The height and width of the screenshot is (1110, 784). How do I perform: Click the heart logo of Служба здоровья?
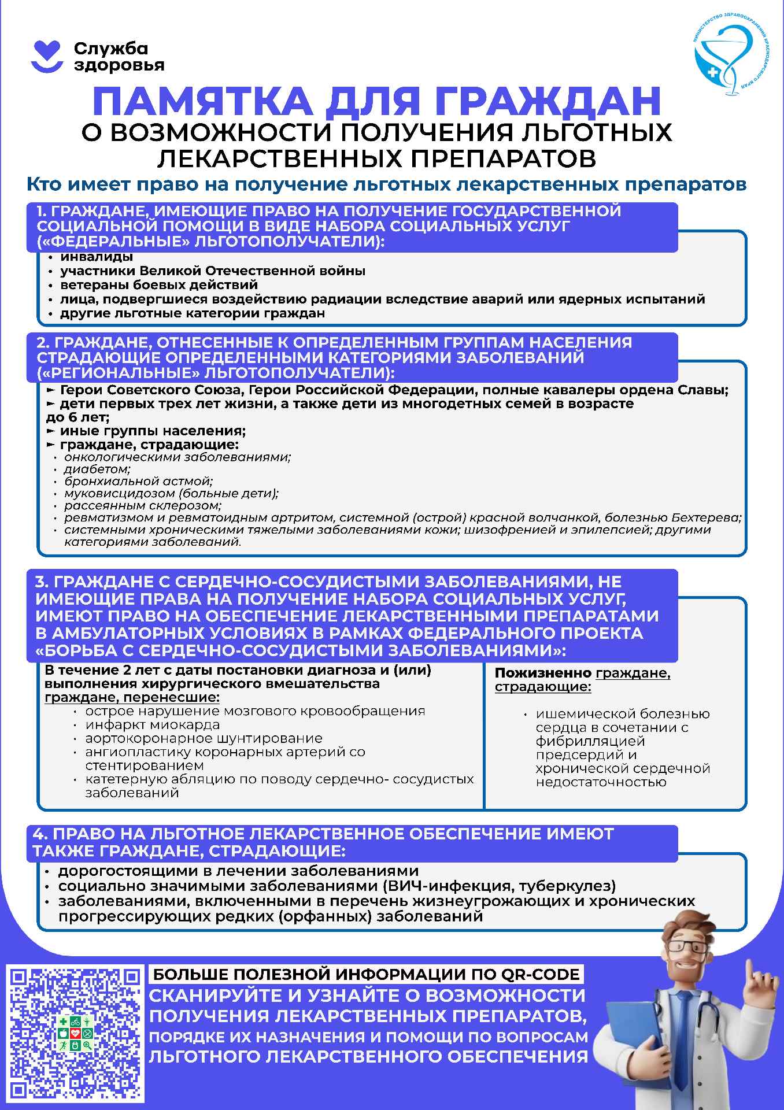click(x=46, y=56)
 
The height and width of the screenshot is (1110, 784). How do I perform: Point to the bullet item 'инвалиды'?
click(x=97, y=257)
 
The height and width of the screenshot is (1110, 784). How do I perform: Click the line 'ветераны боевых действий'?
click(x=159, y=285)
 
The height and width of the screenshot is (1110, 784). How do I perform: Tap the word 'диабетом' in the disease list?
click(x=97, y=469)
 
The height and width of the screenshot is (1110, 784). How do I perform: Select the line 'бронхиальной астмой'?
click(x=138, y=482)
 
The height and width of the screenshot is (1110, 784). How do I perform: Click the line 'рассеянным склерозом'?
click(x=142, y=506)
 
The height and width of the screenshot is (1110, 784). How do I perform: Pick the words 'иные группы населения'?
click(x=153, y=431)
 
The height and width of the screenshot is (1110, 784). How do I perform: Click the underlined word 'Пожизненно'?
click(x=543, y=674)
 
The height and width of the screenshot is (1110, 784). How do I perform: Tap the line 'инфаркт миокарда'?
click(x=152, y=725)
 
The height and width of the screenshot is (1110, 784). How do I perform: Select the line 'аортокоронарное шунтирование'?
click(x=204, y=739)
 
